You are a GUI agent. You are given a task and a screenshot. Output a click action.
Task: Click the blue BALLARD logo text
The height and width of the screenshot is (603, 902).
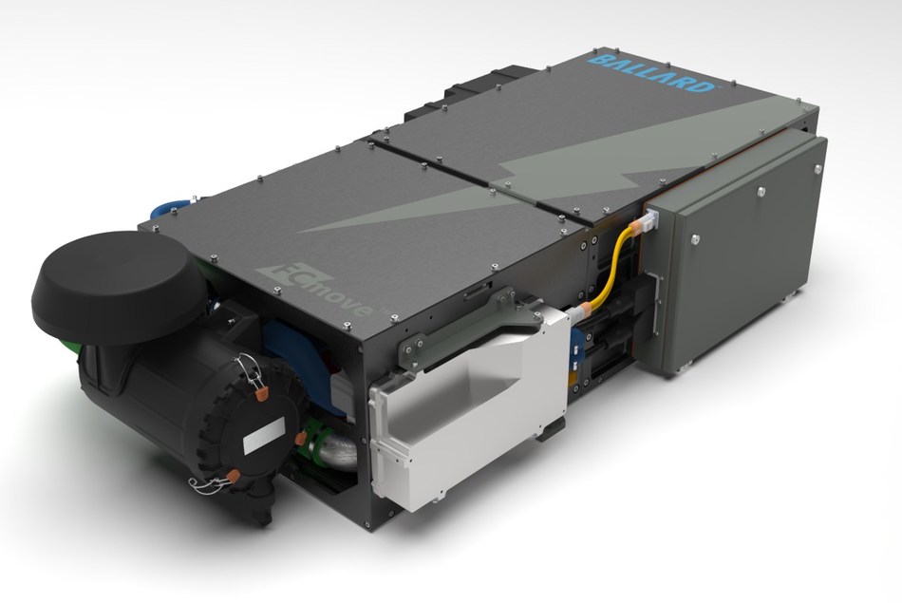(x=652, y=74)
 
